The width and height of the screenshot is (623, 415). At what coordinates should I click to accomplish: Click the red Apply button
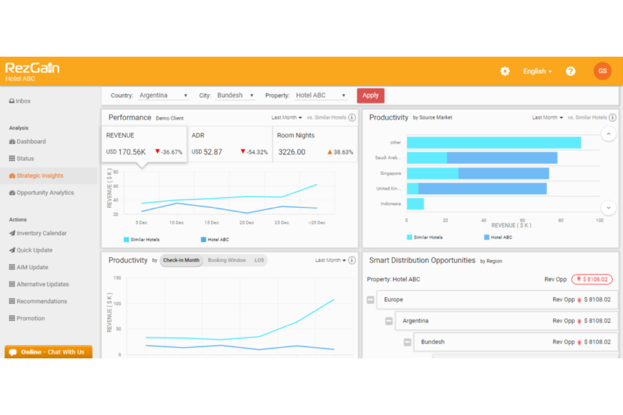(370, 95)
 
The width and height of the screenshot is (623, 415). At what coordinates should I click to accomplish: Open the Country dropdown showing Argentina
(163, 95)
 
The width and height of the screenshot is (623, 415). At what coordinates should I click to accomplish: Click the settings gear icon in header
(505, 71)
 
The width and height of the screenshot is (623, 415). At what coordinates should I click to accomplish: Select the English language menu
(537, 71)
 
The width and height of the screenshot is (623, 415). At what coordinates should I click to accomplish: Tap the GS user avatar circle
(602, 71)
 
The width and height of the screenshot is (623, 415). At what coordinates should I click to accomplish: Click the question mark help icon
(570, 71)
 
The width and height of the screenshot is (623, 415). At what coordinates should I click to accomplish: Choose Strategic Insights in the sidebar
(40, 176)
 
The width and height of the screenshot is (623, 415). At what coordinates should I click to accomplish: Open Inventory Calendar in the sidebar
(41, 233)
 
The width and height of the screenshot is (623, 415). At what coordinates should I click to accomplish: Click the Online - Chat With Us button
(48, 352)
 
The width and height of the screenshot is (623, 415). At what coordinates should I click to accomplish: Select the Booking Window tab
(227, 260)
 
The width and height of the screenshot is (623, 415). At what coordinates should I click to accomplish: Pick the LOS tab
(259, 260)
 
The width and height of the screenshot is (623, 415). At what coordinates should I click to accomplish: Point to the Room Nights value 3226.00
(292, 152)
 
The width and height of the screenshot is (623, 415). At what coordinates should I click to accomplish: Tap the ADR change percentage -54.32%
(256, 152)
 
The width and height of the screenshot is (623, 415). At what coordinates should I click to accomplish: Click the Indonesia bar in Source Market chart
(415, 204)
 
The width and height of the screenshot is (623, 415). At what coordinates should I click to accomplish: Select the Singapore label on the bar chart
(390, 173)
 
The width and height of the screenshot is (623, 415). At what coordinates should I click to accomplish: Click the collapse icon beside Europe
(370, 300)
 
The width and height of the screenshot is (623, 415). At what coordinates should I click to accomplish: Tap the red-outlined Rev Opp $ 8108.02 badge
(592, 279)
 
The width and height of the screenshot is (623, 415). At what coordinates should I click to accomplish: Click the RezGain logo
(32, 68)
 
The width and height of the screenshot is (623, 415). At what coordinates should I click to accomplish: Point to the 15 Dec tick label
(211, 222)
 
